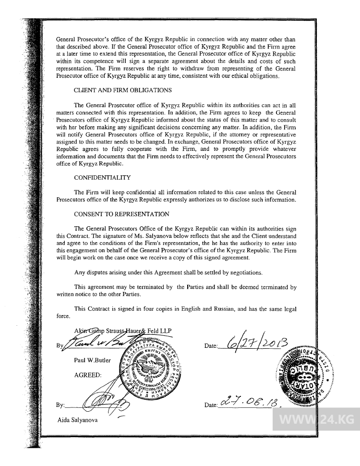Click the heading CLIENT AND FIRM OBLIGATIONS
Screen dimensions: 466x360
point(123,90)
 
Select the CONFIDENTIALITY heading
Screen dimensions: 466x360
point(102,178)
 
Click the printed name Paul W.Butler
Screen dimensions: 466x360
point(93,360)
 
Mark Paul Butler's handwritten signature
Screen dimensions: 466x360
point(96,343)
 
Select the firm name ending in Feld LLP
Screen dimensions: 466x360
point(123,331)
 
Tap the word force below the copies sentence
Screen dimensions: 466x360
point(63,316)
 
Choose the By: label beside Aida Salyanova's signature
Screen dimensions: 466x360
point(60,405)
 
